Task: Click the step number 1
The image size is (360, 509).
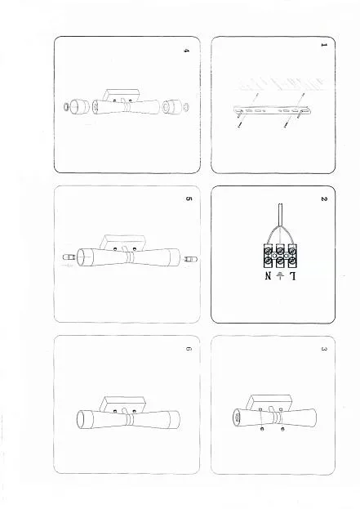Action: pyautogui.click(x=323, y=45)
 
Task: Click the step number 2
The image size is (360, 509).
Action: pyautogui.click(x=323, y=199)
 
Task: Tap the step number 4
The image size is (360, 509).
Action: pyautogui.click(x=186, y=51)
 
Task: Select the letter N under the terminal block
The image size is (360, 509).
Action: pyautogui.click(x=268, y=276)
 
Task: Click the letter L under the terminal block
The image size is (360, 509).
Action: pyautogui.click(x=292, y=276)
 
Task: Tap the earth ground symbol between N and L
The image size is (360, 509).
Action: pyautogui.click(x=280, y=276)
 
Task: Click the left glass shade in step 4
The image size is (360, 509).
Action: pyautogui.click(x=80, y=107)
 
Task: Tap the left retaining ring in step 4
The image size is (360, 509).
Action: pyautogui.click(x=66, y=106)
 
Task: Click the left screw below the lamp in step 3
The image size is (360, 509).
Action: pyautogui.click(x=262, y=430)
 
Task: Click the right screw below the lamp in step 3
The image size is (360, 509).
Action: pyautogui.click(x=282, y=430)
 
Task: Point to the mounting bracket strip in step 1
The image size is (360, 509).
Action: pyautogui.click(x=272, y=109)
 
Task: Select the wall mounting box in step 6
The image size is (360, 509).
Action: pyautogui.click(x=123, y=404)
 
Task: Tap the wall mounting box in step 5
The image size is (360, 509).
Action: pyautogui.click(x=123, y=243)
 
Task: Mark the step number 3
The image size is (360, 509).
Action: pyautogui.click(x=323, y=349)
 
